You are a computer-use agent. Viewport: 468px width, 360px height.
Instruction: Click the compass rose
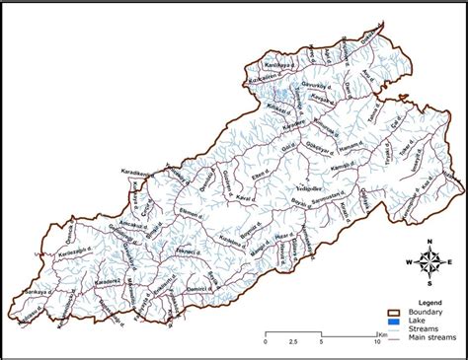tap(429, 261)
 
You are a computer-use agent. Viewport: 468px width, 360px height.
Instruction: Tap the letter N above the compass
tap(430, 241)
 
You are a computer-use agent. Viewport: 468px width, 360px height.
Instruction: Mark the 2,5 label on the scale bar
tap(293, 343)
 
